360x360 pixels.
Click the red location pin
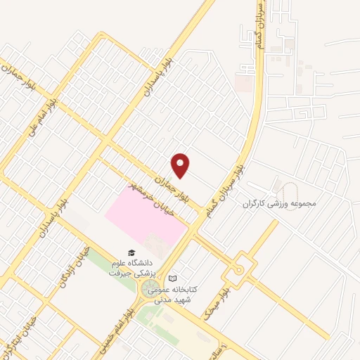click(181, 165)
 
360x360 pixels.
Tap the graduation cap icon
click(130, 252)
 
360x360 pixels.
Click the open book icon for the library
click(173, 278)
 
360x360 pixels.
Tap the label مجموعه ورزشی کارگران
click(281, 204)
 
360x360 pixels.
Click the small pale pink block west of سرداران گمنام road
click(243, 84)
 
